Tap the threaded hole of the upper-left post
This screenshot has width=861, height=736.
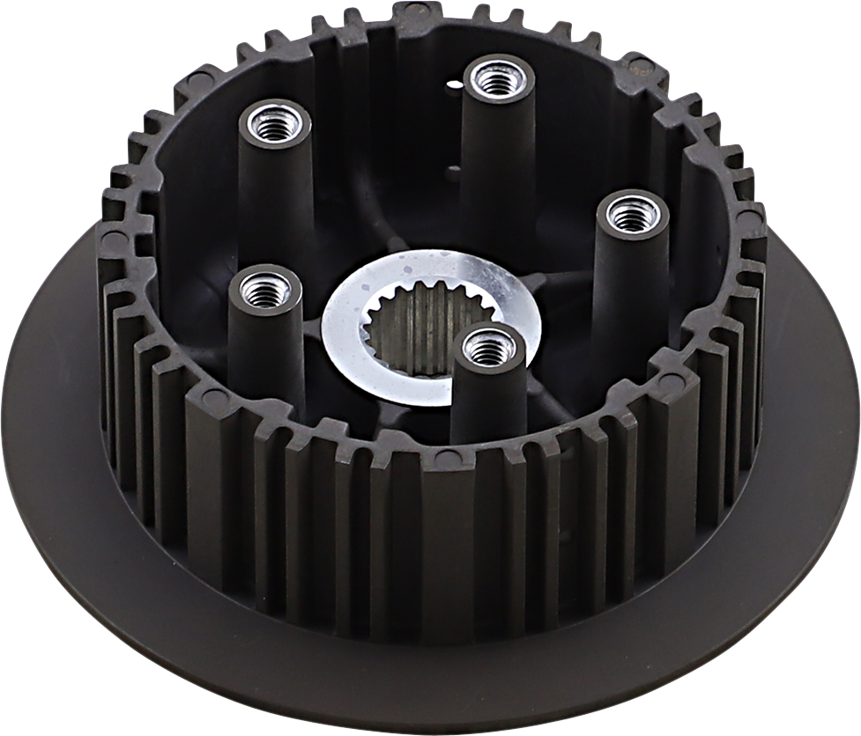coord(275,124)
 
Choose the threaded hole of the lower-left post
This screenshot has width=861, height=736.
coord(264,289)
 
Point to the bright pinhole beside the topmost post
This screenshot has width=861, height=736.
coord(455,85)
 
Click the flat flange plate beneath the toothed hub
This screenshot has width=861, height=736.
coord(132,546)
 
